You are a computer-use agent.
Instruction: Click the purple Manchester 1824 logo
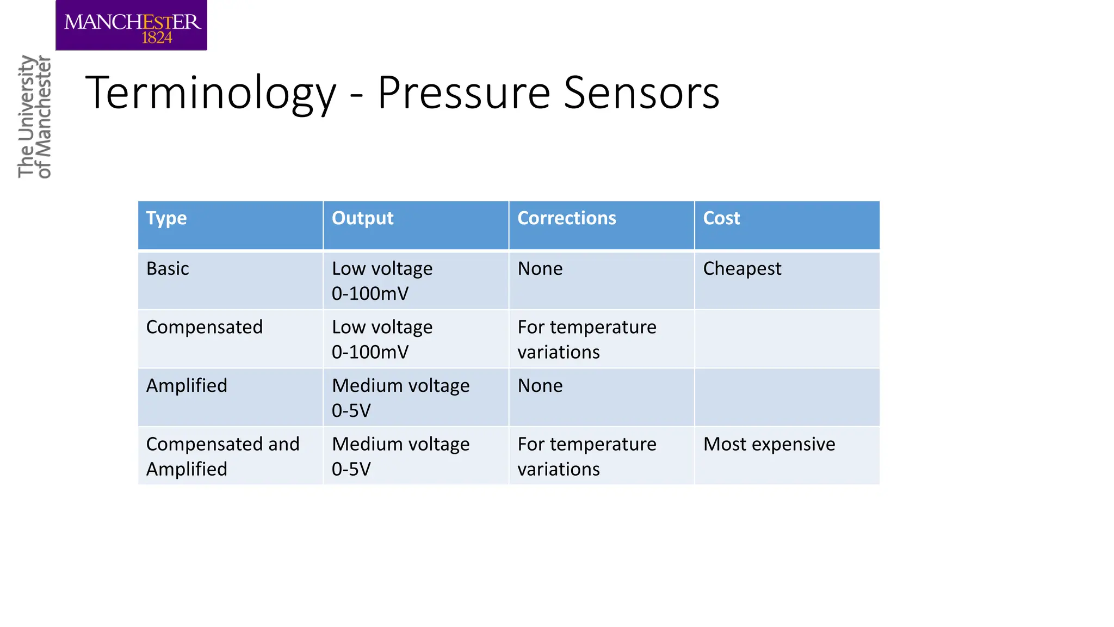[x=131, y=26]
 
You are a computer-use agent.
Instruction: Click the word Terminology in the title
[x=211, y=93]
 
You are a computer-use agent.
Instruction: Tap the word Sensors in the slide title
[x=642, y=93]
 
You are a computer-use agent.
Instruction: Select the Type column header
[x=166, y=218]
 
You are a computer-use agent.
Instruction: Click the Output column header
[x=362, y=218]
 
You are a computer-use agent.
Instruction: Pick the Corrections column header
[x=566, y=218]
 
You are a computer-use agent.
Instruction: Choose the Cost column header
[x=721, y=218]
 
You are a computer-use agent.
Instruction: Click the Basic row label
[x=168, y=269]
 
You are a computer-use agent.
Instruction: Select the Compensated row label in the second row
[x=205, y=327]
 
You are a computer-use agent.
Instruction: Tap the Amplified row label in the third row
[x=187, y=386]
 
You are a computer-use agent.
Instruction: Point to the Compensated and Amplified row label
[x=222, y=456]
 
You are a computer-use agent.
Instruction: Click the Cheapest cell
[x=742, y=269]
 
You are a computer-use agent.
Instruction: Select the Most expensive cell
[x=769, y=445]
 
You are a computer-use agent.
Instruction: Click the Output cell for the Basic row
[x=382, y=281]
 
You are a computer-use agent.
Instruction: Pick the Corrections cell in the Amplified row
[x=540, y=386]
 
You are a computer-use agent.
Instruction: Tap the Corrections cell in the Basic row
[x=540, y=269]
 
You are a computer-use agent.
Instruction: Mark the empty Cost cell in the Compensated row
[x=787, y=339]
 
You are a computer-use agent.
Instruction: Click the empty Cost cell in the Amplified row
[x=787, y=397]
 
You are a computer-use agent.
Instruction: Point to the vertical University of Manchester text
[x=34, y=116]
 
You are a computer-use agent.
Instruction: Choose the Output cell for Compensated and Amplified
[x=400, y=456]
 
